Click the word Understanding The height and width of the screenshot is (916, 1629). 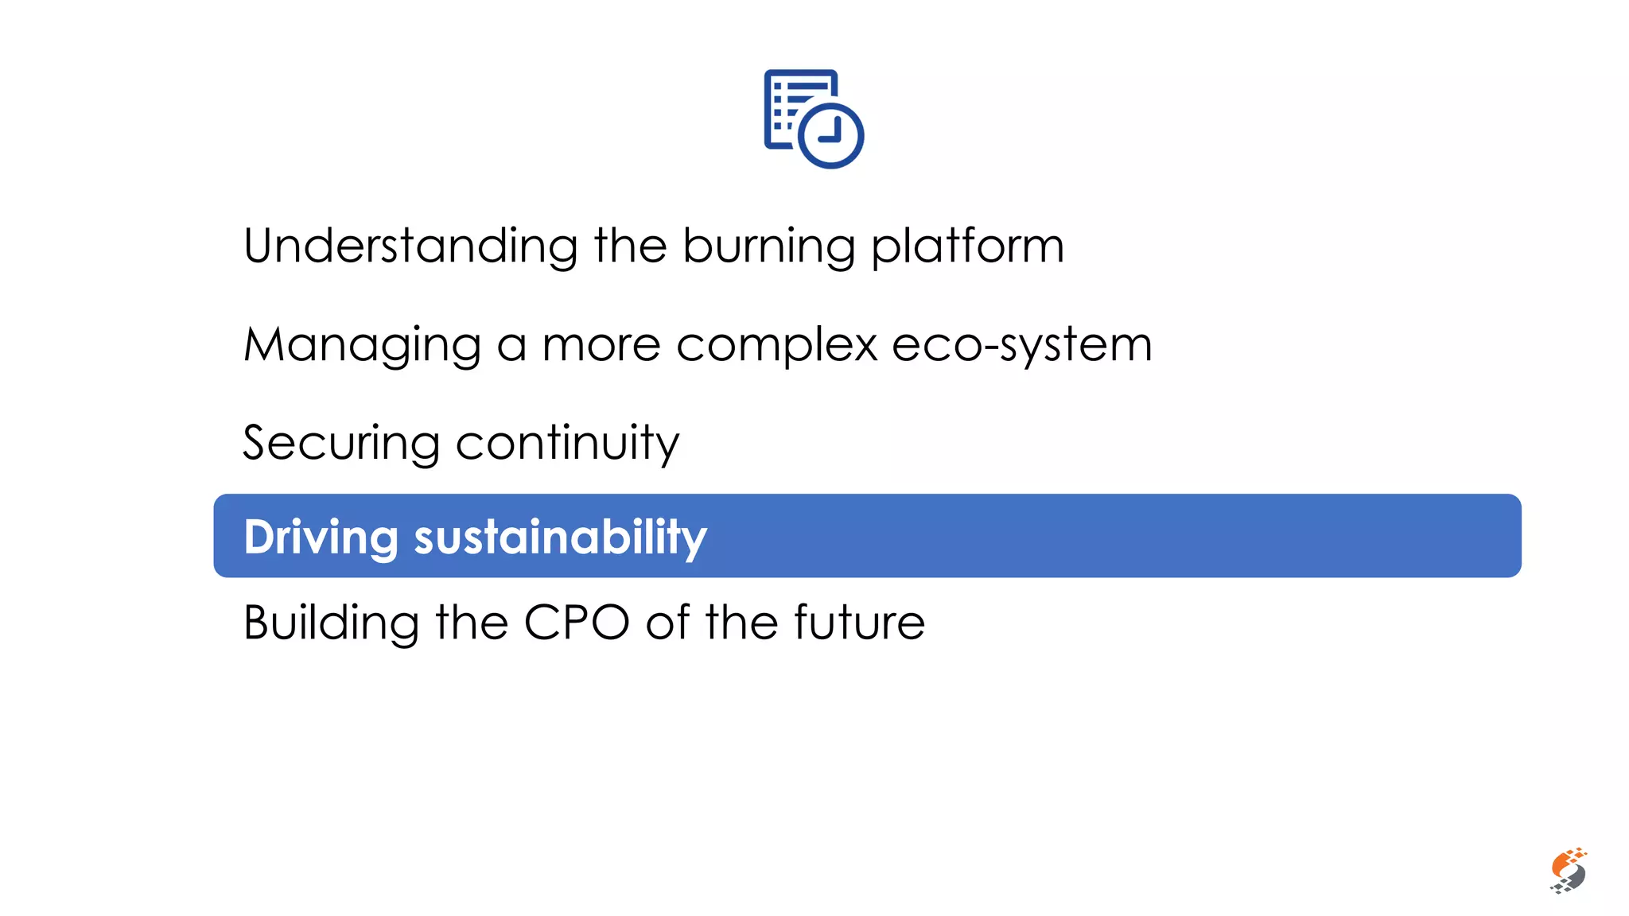pyautogui.click(x=410, y=246)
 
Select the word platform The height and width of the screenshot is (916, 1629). pyautogui.click(x=967, y=247)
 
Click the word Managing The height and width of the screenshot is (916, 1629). pyautogui.click(x=363, y=346)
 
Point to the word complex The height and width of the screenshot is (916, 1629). pyautogui.click(x=776, y=346)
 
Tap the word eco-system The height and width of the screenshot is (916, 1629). pyautogui.click(x=1022, y=346)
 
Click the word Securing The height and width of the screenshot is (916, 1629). pyautogui.click(x=341, y=444)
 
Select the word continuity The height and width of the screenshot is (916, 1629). pyautogui.click(x=567, y=444)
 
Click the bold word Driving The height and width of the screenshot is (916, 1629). pyautogui.click(x=321, y=538)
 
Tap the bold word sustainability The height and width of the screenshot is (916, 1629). pyautogui.click(x=560, y=538)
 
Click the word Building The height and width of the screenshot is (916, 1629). pyautogui.click(x=331, y=623)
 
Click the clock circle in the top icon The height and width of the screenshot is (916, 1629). pyautogui.click(x=830, y=134)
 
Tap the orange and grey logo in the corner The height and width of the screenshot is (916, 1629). pyautogui.click(x=1568, y=871)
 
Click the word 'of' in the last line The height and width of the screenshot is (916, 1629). pyautogui.click(x=668, y=623)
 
